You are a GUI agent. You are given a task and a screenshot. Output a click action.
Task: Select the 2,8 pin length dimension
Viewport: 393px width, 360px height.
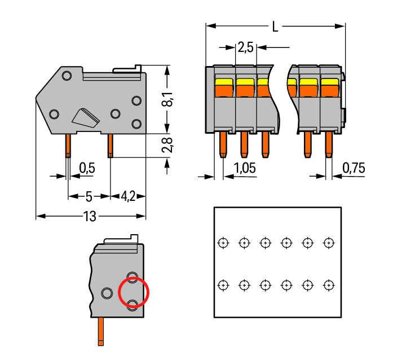click(x=167, y=145)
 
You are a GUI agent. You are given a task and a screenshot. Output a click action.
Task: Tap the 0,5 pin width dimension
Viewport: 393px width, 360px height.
click(x=87, y=168)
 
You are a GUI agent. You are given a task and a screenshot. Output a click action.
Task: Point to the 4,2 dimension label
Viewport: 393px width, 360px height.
click(x=128, y=196)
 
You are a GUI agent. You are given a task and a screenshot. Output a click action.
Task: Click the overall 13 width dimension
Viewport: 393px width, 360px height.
click(x=89, y=216)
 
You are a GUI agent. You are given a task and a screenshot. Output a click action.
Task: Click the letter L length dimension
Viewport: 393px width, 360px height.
click(x=275, y=27)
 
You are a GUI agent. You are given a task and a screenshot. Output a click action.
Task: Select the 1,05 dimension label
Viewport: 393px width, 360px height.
click(x=244, y=168)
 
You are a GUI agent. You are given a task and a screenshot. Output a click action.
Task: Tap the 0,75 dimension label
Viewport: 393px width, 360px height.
click(x=354, y=168)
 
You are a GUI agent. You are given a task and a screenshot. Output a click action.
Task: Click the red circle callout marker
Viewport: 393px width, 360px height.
click(x=134, y=292)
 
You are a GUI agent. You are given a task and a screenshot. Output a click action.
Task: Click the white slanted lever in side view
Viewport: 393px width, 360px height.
click(x=85, y=117)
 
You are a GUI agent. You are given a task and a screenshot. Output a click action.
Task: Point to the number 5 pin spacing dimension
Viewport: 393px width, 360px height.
click(x=88, y=196)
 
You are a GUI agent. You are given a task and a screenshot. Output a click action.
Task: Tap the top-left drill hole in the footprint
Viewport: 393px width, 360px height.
click(x=223, y=243)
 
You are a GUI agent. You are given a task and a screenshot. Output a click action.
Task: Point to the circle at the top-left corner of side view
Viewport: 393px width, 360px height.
click(x=67, y=76)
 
